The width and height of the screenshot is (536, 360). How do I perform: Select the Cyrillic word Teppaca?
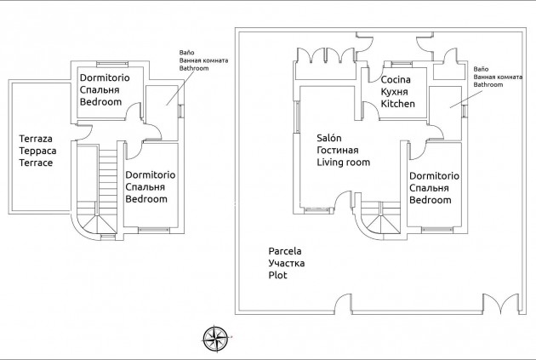coord(36,150)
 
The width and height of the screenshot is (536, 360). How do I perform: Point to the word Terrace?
coord(36,162)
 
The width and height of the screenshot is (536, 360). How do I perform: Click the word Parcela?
coord(285,252)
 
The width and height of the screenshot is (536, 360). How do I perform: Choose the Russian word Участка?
coord(287,264)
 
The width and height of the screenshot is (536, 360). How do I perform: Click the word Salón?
coord(329,138)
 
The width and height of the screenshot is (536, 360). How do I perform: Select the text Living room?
coord(343,162)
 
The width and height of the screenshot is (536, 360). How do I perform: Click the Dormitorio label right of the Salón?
coord(434,176)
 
